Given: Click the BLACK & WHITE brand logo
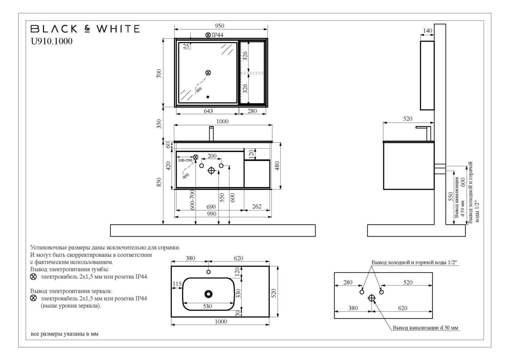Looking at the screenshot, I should pos(85,29).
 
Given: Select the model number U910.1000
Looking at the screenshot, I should pos(52,41).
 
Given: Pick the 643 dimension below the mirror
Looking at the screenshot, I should pos(208,111).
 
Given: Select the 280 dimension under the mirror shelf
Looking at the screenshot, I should pos(252,111).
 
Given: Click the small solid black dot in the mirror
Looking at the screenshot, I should pos(208,97).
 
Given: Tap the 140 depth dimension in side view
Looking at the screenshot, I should pos(427,31).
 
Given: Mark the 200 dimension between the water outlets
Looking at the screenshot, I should pos(212,156).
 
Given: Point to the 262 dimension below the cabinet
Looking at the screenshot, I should pos(257,207).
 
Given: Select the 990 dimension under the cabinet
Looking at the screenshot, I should pos(211,214).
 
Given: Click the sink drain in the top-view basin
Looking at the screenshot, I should pos(208,294).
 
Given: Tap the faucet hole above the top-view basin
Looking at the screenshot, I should pos(209,272).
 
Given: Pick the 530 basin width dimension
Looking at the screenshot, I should pos(208,307).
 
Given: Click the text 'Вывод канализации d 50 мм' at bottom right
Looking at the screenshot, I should pos(426,328).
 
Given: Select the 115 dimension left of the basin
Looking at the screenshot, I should pos(177,284).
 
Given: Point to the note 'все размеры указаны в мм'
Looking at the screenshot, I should pos(65,334).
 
